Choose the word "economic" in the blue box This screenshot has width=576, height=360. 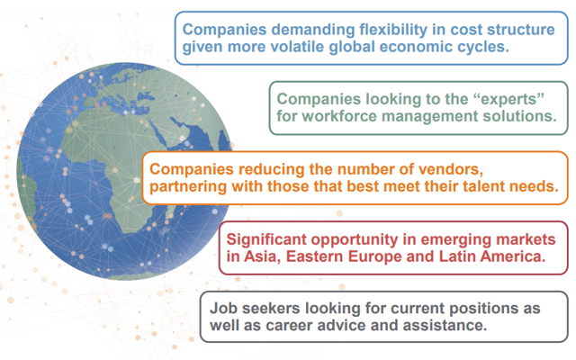[418, 47]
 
